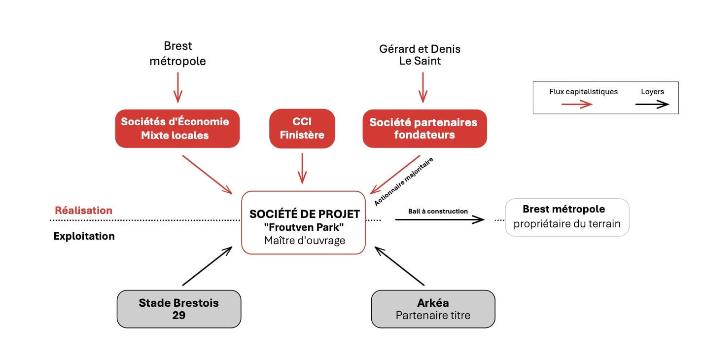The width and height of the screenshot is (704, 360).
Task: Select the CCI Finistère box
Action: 302,128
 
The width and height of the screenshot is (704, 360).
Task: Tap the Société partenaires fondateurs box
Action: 424,128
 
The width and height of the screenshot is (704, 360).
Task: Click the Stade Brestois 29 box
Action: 178,309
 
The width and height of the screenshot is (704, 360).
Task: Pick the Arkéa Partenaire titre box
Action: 433,309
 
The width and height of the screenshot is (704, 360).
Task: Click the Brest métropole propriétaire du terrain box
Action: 567,217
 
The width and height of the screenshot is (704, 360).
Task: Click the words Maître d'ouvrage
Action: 304,241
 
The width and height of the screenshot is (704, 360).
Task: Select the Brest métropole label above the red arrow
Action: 177,54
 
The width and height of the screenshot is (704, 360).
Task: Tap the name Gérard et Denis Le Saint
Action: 420,55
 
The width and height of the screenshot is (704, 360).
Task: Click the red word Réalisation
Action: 83,211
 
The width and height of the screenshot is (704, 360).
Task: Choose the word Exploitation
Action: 84,236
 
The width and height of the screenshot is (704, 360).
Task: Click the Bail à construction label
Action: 438,211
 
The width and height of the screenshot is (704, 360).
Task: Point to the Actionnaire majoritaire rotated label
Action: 403,181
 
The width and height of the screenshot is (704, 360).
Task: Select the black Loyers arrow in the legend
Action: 652,104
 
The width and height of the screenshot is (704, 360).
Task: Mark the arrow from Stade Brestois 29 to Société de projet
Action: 207,266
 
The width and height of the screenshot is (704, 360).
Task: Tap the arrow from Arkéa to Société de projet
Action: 399,266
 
